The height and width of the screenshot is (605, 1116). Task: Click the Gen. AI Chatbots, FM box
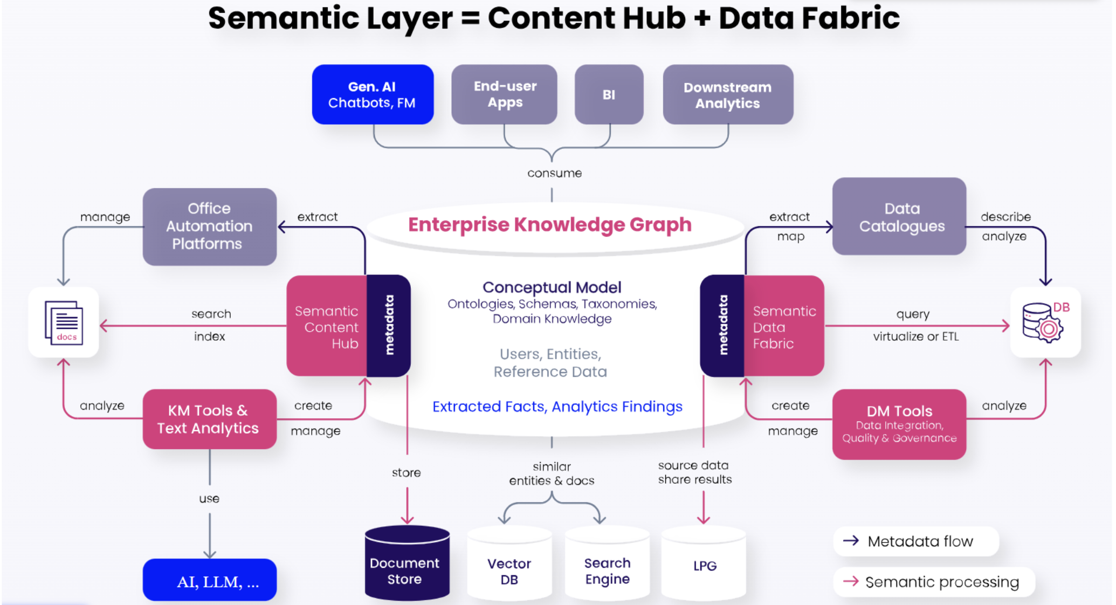point(373,95)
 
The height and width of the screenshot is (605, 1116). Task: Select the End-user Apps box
point(504,95)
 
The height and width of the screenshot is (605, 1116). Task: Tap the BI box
point(609,95)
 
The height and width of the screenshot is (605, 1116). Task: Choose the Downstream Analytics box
point(728,95)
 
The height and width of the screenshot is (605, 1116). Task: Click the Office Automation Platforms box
point(209,226)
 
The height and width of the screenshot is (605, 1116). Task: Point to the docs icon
point(64,322)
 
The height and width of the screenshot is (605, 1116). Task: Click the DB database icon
point(1044,322)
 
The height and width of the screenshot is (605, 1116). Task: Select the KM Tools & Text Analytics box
point(209,420)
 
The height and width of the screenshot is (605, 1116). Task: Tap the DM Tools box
point(899,424)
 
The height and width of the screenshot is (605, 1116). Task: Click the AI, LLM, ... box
point(209,581)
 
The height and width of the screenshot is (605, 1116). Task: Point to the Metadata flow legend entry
point(916,541)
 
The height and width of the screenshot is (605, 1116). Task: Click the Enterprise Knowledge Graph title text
point(549,224)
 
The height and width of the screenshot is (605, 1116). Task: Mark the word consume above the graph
point(554,173)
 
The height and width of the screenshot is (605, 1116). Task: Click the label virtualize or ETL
point(915,336)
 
